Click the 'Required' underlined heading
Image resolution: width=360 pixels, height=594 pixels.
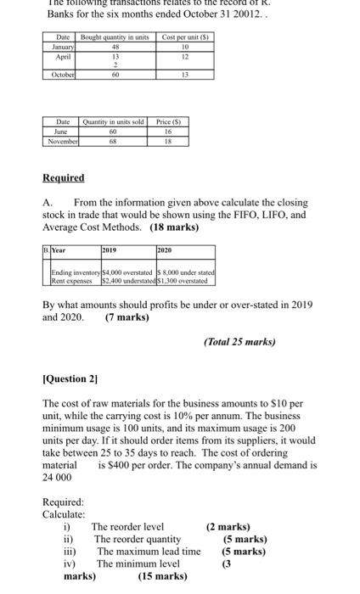64,177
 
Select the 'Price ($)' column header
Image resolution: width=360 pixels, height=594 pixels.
169,123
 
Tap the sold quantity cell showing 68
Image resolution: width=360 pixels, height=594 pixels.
113,140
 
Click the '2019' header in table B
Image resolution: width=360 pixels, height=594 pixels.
109,251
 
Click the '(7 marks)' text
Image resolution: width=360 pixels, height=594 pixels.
127,317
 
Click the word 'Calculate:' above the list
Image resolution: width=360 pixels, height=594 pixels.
64,514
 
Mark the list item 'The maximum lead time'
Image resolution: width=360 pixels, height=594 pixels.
147,552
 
